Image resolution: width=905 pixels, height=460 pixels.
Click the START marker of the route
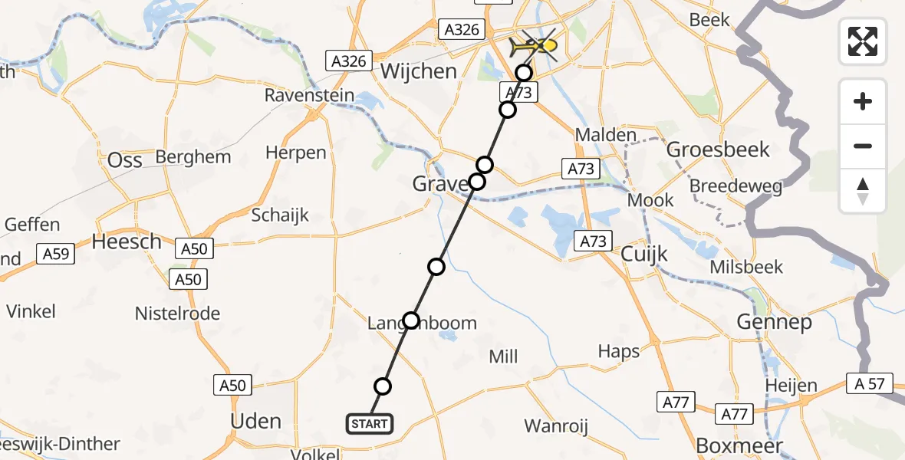coord(370,423)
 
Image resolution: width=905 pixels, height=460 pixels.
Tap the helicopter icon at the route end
coord(534,47)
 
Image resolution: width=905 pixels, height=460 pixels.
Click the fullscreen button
coord(863,41)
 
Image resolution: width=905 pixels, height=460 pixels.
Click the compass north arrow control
coord(863,191)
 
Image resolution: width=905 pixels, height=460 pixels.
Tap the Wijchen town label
coord(419,71)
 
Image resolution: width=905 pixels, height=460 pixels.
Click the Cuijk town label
coord(645,254)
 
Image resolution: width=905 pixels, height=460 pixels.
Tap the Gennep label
coord(774,322)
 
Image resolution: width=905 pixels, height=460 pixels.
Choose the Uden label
coord(256,421)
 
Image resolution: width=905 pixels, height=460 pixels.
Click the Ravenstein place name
coord(310,96)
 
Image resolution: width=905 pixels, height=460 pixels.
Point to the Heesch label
coord(127,242)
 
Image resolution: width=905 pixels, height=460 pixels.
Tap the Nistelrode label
coord(177,314)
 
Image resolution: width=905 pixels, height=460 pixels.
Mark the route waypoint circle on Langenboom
coord(411,320)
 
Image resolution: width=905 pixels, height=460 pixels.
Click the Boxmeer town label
coord(739,446)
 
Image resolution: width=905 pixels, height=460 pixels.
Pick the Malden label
coord(606,136)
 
